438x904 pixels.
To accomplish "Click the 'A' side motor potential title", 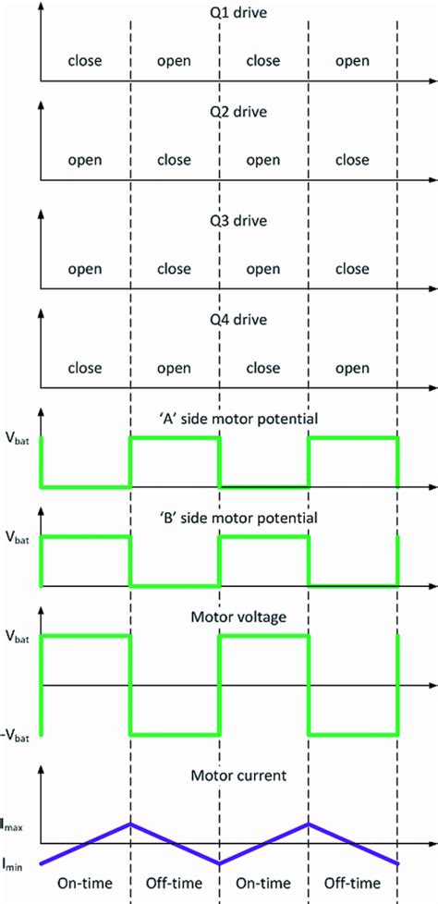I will [x=238, y=419].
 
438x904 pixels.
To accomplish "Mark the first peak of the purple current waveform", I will [x=130, y=824].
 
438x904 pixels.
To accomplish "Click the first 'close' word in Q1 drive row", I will [x=84, y=61].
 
